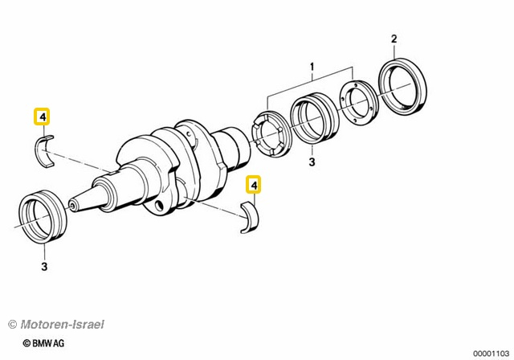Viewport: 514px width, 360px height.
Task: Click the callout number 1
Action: pos(312,67)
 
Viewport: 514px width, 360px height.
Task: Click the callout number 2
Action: pos(394,39)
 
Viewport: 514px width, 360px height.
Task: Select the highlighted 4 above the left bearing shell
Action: pos(42,117)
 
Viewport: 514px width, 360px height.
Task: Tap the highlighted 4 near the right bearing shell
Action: pos(254,185)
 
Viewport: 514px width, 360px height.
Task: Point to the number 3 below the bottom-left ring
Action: pos(44,266)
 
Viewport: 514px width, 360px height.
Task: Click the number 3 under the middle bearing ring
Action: pos(312,162)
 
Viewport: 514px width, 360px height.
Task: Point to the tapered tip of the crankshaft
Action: pos(74,205)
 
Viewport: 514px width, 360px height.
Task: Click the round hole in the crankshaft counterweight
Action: pos(161,205)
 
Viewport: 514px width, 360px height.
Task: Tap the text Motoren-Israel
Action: pos(62,325)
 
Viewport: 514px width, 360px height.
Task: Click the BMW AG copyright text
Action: pos(43,343)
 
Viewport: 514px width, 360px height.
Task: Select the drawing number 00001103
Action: pos(491,354)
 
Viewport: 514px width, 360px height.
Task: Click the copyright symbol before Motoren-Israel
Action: pos(13,325)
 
